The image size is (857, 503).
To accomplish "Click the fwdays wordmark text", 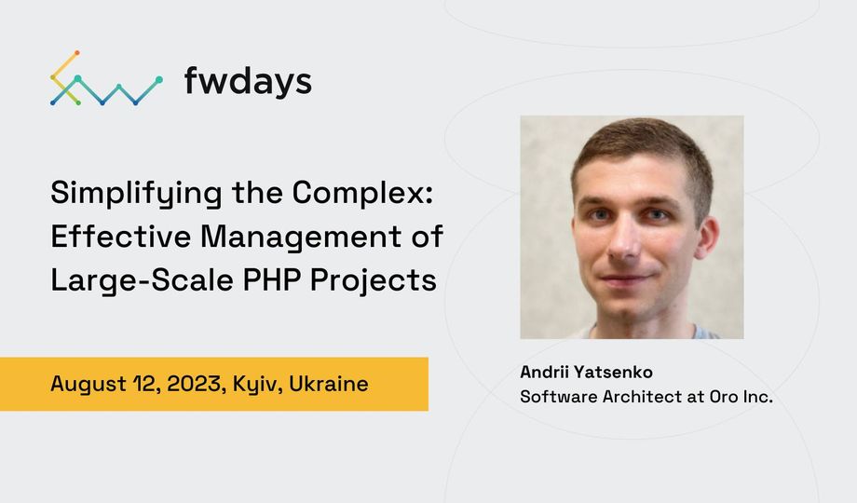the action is (248, 81).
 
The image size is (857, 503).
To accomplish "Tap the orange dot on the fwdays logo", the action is (77, 53).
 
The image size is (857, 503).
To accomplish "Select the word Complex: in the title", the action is (363, 193).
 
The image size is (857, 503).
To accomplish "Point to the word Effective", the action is (121, 237).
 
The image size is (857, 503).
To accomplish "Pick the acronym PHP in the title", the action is (272, 280).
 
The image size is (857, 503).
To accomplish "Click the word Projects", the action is (374, 281).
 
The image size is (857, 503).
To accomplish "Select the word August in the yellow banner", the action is (88, 385).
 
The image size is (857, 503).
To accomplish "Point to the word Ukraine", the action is (329, 384).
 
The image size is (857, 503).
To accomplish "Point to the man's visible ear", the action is (707, 238).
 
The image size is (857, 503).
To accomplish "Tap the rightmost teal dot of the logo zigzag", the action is (159, 80).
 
